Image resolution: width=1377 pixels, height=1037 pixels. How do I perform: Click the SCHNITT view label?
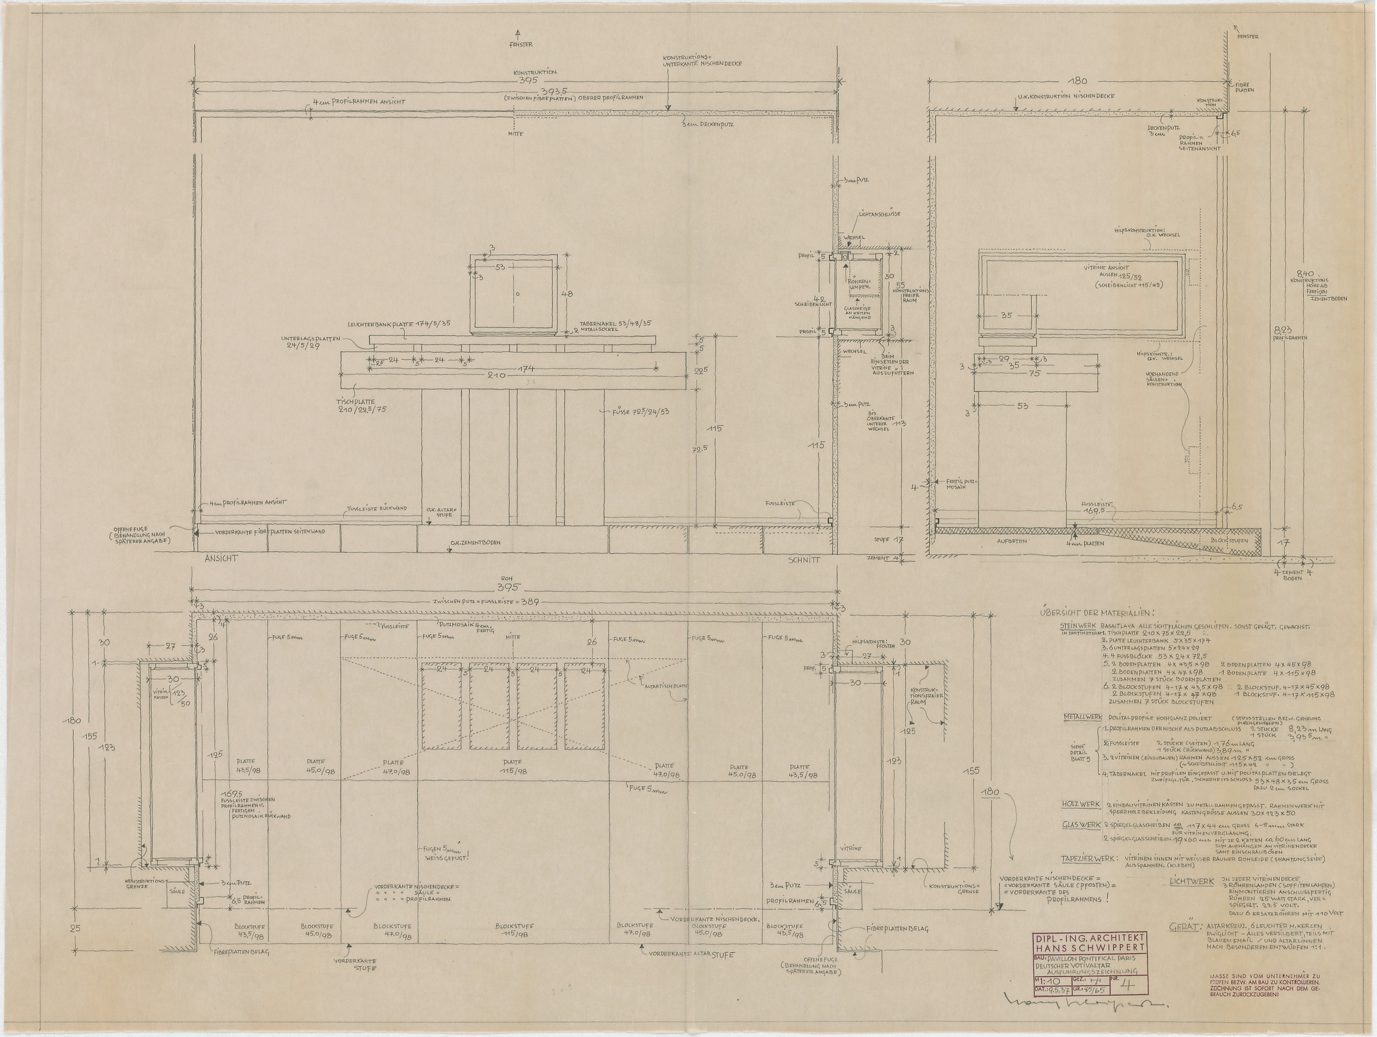click(804, 560)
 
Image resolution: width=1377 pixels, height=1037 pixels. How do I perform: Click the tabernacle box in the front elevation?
click(513, 293)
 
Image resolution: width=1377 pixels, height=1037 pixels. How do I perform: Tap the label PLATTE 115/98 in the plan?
click(513, 766)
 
